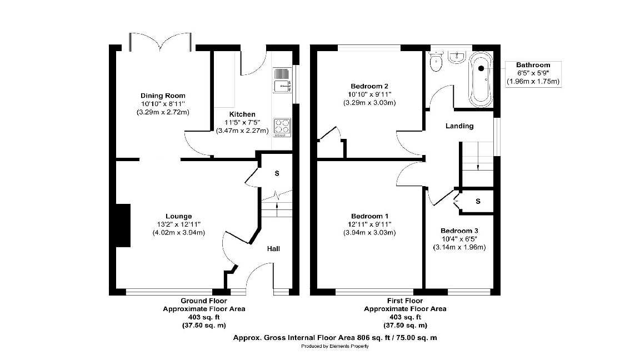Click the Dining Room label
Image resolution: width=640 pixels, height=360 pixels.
163,96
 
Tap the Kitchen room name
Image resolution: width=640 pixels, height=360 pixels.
242,114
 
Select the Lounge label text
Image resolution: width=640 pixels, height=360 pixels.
179,216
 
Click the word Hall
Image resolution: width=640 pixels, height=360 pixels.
273,248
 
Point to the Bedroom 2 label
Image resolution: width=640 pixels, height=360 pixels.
369,86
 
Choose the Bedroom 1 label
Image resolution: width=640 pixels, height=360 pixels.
369,216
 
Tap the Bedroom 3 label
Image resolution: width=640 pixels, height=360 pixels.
459,231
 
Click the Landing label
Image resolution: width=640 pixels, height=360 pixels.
459,126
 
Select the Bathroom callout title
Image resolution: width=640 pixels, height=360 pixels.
533,65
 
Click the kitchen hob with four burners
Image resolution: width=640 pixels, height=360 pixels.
282,127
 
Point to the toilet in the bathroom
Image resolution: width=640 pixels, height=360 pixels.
436,62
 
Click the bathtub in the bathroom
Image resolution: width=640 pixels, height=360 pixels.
481,79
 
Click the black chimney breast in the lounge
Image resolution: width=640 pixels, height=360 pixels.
123,226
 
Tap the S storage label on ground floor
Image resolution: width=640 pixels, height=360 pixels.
277,173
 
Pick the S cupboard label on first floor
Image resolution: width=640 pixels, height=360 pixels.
478,201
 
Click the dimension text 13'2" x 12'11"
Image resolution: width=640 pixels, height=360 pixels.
179,224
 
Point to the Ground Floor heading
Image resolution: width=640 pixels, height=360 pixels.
204,301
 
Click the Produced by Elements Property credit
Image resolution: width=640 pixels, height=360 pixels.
335,346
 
